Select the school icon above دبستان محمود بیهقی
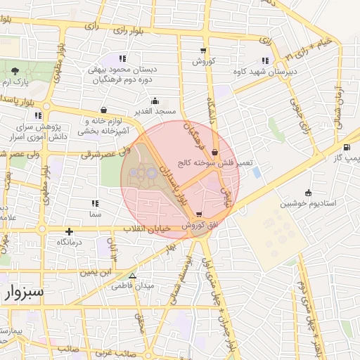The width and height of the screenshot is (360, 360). pyautogui.click(x=123, y=59)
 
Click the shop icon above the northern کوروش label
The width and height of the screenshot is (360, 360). pyautogui.click(x=203, y=51)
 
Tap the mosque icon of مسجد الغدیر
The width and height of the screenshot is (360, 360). pyautogui.click(x=155, y=101)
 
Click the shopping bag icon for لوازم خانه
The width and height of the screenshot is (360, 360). pyautogui.click(x=104, y=110)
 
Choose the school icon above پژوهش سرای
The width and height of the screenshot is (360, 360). pyautogui.click(x=38, y=115)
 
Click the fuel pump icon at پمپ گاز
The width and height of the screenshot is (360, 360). pyautogui.click(x=347, y=148)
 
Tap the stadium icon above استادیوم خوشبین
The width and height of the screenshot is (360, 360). pyautogui.click(x=308, y=193)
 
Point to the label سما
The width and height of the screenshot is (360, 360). pyautogui.click(x=95, y=212)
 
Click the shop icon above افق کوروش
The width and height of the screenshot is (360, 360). pyautogui.click(x=200, y=214)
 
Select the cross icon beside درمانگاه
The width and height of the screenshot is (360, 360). pyautogui.click(x=69, y=231)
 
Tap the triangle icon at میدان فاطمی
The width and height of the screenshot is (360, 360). pyautogui.click(x=132, y=276)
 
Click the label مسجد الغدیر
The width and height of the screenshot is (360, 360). pyautogui.click(x=155, y=112)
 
